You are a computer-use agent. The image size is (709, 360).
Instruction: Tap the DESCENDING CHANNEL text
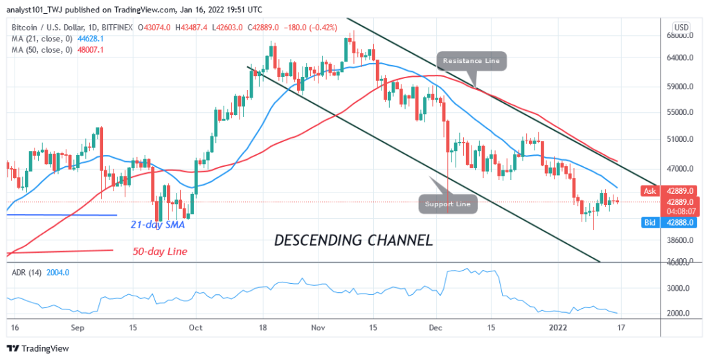click(353, 241)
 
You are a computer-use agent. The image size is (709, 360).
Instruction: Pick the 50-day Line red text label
click(160, 251)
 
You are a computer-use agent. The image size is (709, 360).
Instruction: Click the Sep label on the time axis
click(77, 327)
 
